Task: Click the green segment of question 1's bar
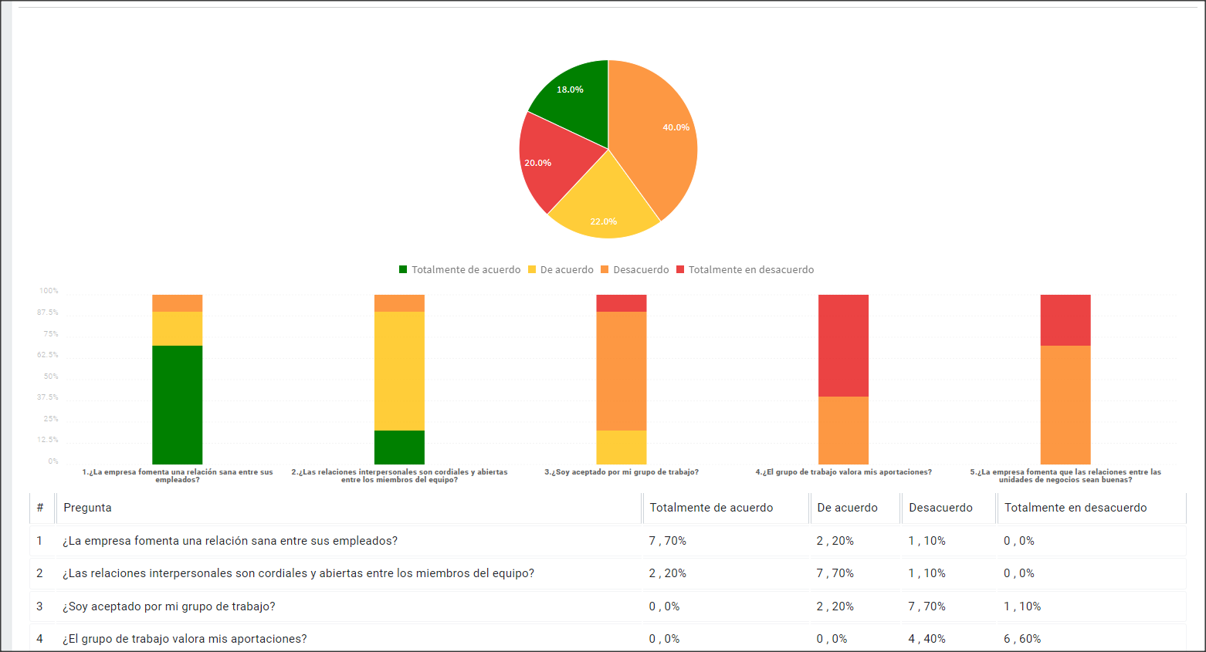(177, 405)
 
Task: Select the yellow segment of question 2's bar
(399, 371)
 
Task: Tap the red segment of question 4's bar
(843, 346)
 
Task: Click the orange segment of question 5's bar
(1065, 405)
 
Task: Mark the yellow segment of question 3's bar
(622, 448)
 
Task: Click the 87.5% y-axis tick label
(48, 312)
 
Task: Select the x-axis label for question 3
(622, 472)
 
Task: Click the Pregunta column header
(87, 508)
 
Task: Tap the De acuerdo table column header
(847, 508)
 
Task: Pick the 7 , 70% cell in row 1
(667, 541)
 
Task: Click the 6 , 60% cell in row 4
(1021, 639)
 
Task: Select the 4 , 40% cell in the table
(926, 639)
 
